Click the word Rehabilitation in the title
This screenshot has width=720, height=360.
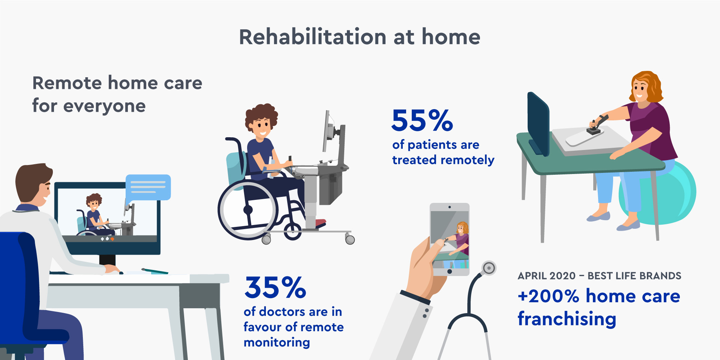coord(313,37)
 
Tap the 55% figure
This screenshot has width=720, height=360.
coord(422,120)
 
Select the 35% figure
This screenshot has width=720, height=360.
coord(275,288)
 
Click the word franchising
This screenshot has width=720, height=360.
coord(567,319)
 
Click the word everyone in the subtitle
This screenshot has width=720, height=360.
coord(104,106)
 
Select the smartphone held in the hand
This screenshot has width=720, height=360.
coord(450,239)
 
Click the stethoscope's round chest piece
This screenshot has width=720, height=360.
coord(489,268)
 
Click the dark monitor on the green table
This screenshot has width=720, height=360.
coord(538,124)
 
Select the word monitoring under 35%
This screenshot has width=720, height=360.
coord(277,343)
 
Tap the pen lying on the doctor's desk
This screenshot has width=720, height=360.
coord(155,271)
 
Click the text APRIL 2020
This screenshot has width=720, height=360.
coord(546,276)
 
